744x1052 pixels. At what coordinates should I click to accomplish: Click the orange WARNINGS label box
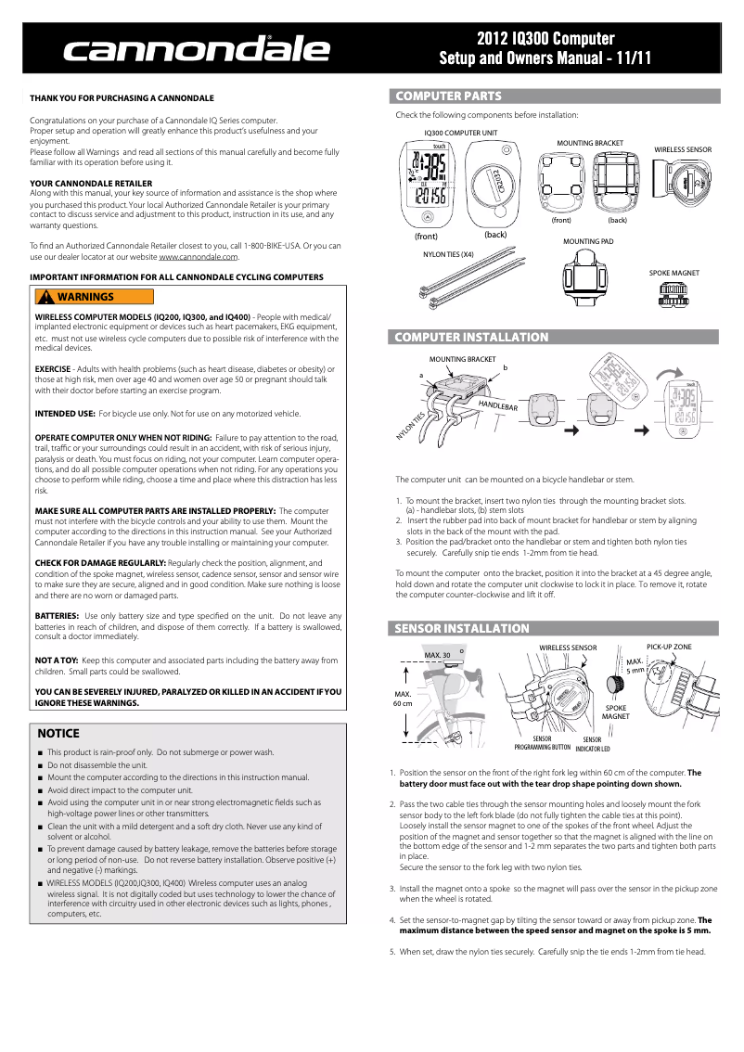click(x=93, y=297)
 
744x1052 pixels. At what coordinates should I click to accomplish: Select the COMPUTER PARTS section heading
click(x=449, y=96)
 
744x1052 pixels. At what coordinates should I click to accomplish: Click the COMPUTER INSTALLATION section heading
click(x=472, y=338)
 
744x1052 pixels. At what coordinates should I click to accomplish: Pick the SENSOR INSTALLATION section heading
click(x=462, y=628)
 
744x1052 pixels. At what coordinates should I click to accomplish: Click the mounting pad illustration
click(x=587, y=276)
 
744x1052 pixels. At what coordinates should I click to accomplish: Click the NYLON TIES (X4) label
click(x=448, y=253)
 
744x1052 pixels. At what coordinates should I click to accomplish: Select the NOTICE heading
click(x=58, y=733)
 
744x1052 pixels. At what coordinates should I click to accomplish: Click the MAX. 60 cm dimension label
click(x=403, y=699)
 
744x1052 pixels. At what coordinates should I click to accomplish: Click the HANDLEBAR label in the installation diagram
click(x=498, y=406)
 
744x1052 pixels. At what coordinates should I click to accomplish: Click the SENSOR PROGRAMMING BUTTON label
click(x=543, y=742)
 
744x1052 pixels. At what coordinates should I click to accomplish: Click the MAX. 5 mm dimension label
click(x=635, y=665)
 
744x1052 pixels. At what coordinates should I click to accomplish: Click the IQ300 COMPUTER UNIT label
click(x=460, y=133)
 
